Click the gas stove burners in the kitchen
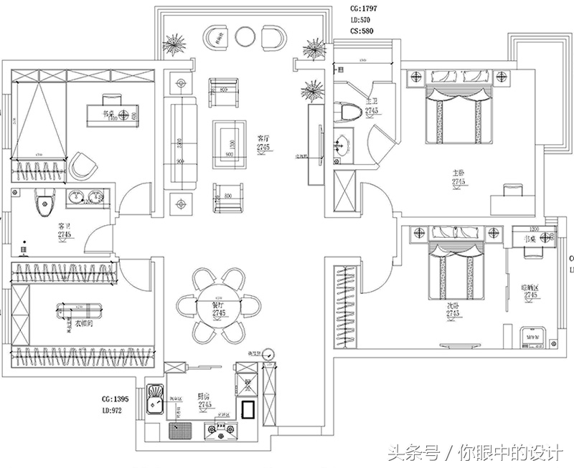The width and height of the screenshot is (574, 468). pyautogui.click(x=221, y=430)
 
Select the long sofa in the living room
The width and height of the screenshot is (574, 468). pyautogui.click(x=180, y=143)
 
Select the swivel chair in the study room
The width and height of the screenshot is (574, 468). pyautogui.click(x=83, y=166)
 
